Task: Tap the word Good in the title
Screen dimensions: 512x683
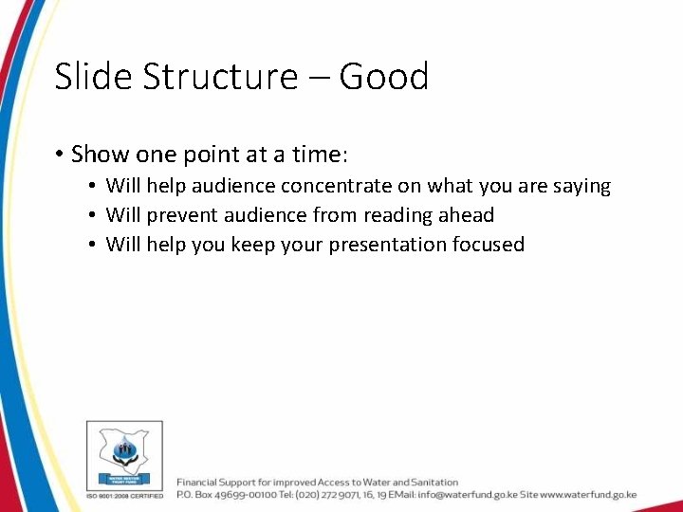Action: (x=384, y=77)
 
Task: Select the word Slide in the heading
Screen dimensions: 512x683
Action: (x=94, y=77)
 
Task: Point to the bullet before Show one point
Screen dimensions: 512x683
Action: (x=59, y=155)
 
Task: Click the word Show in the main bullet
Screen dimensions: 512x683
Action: (x=101, y=154)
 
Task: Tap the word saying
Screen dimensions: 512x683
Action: (x=581, y=187)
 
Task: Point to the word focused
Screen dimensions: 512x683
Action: (x=489, y=245)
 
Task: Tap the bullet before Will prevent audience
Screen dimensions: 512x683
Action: (x=92, y=216)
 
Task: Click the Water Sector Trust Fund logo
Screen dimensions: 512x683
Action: (x=124, y=455)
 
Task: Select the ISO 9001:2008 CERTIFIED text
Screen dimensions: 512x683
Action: (x=125, y=495)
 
